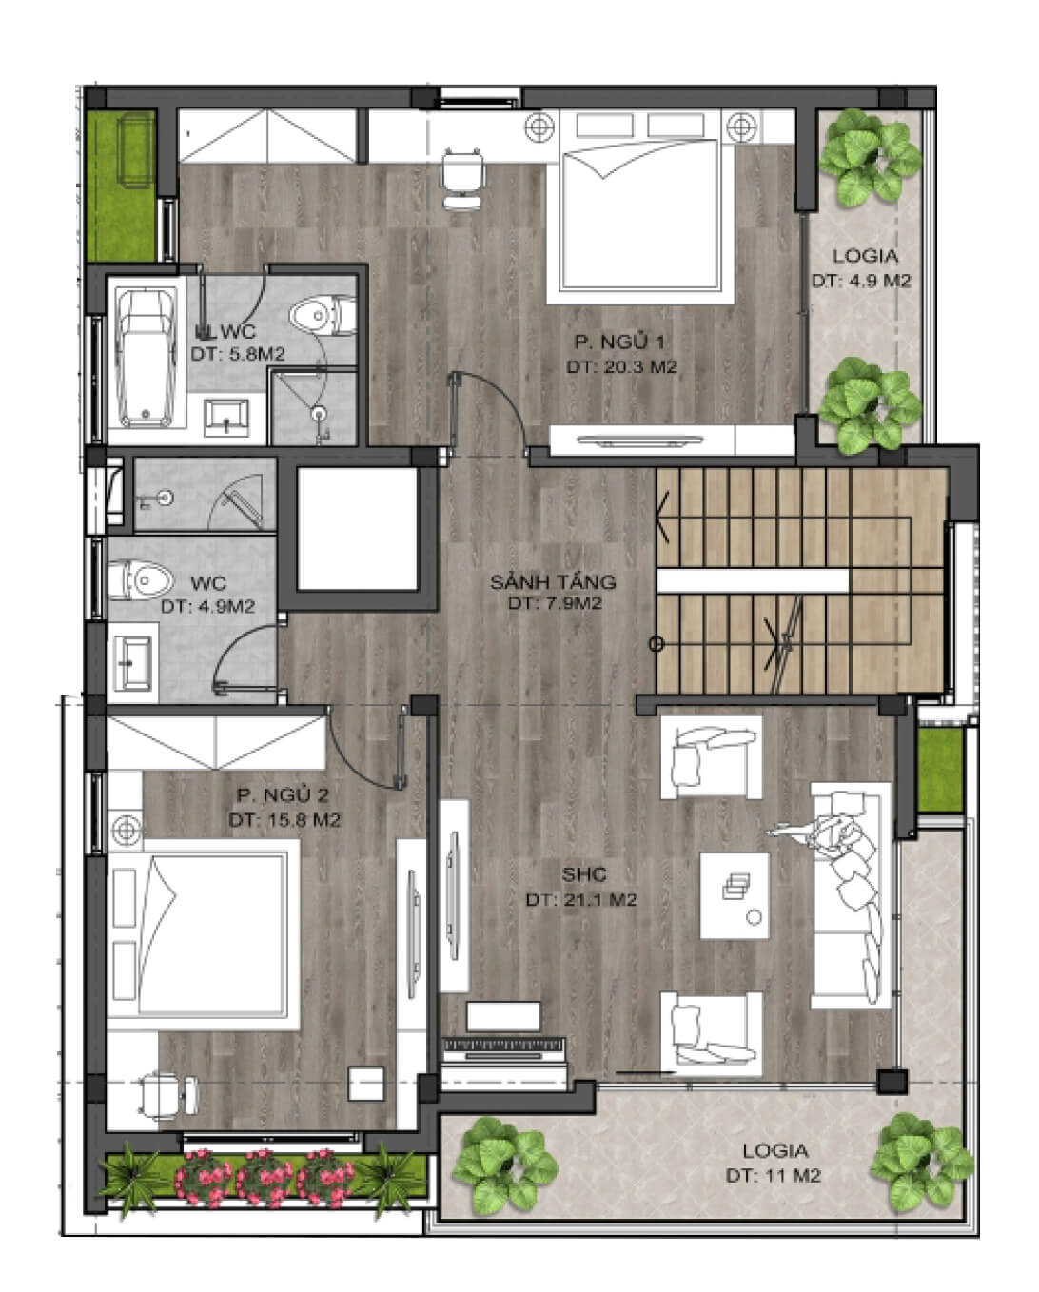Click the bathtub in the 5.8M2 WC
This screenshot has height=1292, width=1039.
146,358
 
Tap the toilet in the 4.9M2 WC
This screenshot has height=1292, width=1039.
139,580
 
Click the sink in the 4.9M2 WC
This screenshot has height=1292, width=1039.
134,663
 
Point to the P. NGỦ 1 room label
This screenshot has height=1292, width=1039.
619,343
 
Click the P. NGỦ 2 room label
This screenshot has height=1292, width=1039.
283,795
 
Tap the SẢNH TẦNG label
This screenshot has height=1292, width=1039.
553,581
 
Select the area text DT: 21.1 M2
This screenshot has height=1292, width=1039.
580,899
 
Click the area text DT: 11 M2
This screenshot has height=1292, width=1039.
773,1175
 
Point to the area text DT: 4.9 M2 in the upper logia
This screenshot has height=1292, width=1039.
861,281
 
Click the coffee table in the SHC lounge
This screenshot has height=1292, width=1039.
734,896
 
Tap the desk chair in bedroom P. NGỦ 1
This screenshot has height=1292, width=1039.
461,178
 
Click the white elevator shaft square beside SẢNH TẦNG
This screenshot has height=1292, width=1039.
358,528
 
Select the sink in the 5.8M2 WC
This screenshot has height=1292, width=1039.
225,418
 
